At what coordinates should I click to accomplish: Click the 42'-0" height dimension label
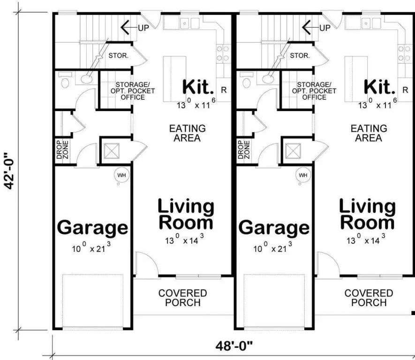coord(10,171)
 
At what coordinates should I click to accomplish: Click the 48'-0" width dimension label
coord(234,346)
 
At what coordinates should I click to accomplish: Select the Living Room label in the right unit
coord(367,215)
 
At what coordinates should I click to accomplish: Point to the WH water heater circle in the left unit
coord(121,175)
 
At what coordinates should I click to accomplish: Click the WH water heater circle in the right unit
coord(303,175)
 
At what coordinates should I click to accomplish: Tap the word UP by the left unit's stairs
coord(143,28)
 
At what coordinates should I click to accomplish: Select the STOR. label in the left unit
coord(118,56)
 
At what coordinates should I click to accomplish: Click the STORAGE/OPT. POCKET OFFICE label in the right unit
coord(314,91)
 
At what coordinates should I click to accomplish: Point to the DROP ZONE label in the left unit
coord(62,150)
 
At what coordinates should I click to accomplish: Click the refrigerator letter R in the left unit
coord(224,90)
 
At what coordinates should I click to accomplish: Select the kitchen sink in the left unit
coord(189,23)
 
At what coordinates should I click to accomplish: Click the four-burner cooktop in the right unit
coord(404,53)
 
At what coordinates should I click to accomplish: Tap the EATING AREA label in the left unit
coord(188,133)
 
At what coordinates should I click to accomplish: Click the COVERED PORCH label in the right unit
coord(369,298)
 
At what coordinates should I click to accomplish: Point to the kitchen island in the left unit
coord(171,79)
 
